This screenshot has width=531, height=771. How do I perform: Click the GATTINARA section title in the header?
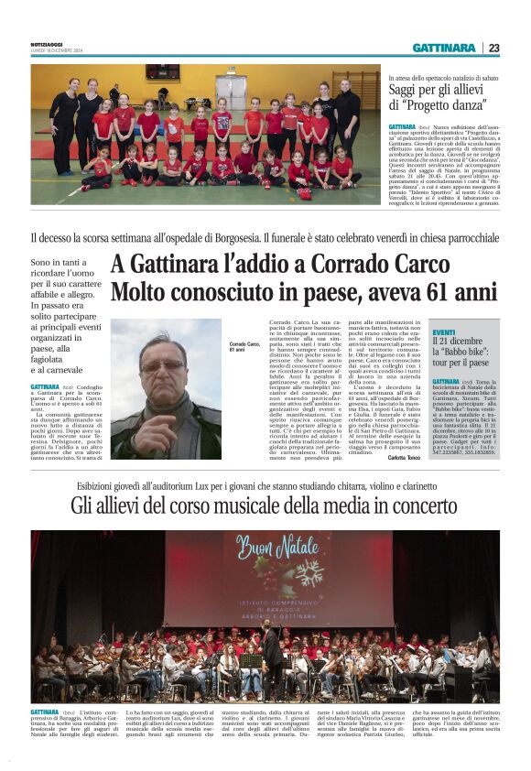[443, 48]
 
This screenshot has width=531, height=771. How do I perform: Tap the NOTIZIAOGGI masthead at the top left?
[47, 46]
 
